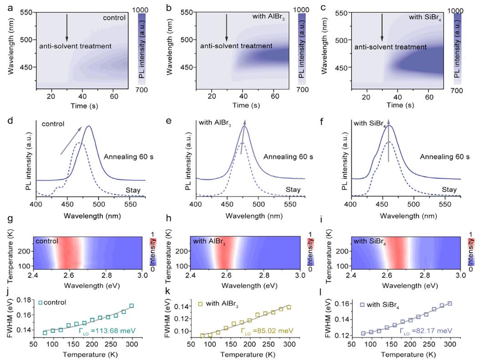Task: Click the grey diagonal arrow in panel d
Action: pos(71,141)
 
